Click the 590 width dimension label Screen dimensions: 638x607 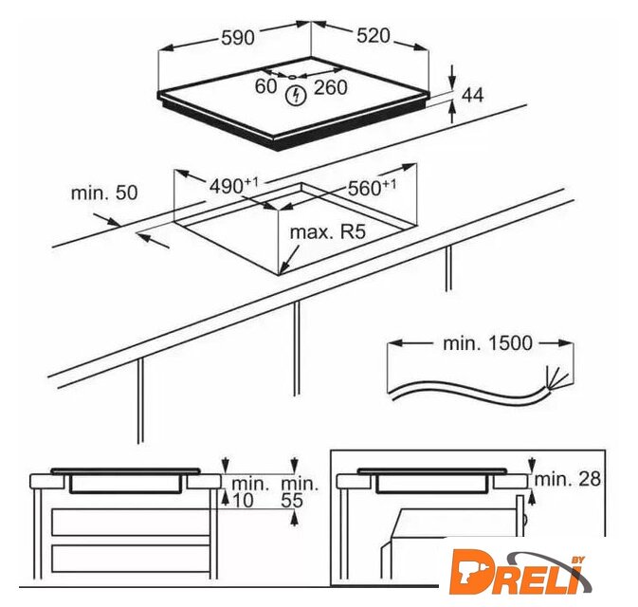(238, 38)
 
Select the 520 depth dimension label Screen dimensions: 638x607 (374, 36)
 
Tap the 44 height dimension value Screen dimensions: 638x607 (472, 95)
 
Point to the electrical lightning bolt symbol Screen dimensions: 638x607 (296, 96)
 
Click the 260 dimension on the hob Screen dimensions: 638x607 (331, 87)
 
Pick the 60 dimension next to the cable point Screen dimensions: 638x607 (265, 86)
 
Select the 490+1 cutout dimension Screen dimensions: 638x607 (233, 186)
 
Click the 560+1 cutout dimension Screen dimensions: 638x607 (372, 187)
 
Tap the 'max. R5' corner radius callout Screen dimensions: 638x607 (328, 232)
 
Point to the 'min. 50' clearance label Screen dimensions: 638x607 (104, 193)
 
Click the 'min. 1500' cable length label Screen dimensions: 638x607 (487, 343)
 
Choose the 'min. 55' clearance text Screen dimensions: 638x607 (299, 492)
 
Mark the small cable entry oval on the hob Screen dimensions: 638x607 (292, 77)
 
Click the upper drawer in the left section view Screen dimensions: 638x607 (131, 523)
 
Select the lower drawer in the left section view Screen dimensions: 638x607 (131, 559)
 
